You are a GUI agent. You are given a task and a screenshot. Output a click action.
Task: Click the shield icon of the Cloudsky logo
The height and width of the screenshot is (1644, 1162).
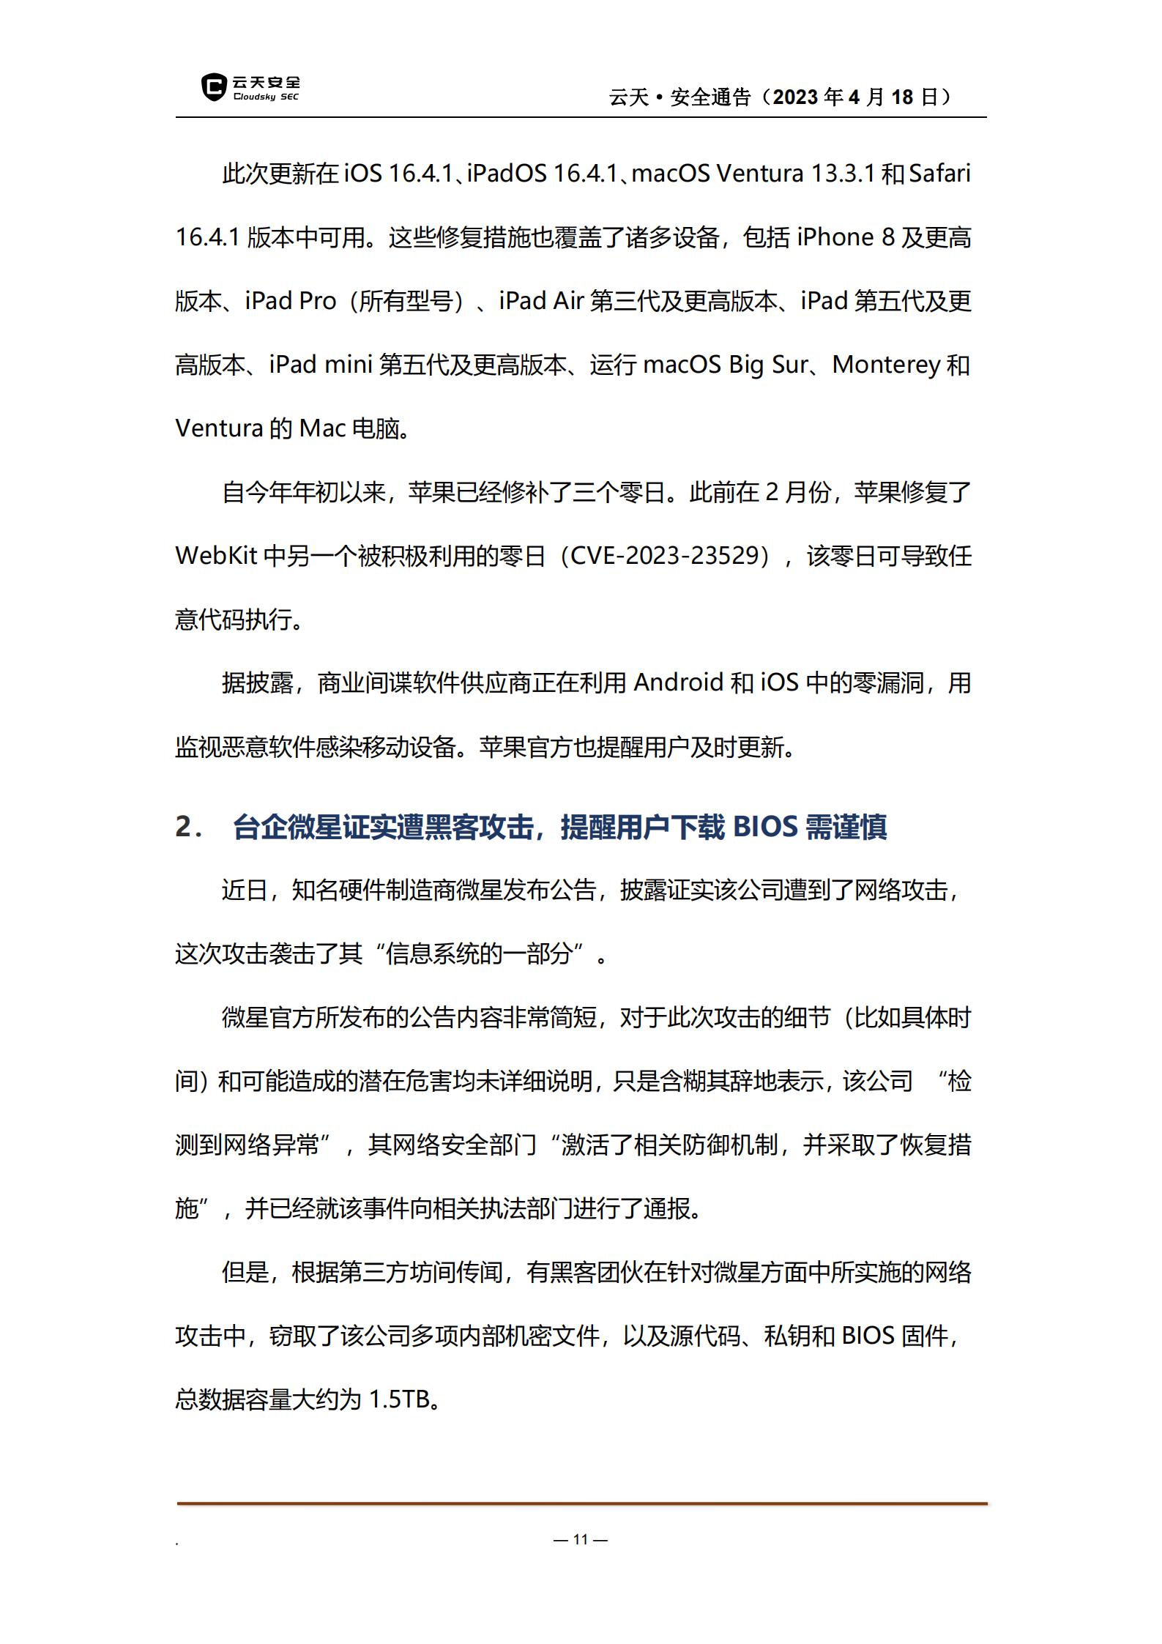(x=213, y=87)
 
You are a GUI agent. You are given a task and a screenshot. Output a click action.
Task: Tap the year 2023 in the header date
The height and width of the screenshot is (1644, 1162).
(x=795, y=97)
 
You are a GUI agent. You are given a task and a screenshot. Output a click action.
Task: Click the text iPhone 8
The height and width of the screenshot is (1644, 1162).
(x=846, y=237)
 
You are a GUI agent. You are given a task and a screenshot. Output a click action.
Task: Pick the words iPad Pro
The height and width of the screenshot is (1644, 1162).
(x=290, y=301)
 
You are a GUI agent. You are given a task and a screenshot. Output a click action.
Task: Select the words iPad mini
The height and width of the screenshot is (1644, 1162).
(x=321, y=365)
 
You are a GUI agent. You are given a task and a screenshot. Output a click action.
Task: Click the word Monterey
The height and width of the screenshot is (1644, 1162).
(x=886, y=365)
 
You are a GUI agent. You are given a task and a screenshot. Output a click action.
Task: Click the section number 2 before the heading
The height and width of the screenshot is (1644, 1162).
(x=184, y=827)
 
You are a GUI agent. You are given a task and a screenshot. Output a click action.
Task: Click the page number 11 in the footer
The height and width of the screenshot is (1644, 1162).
(x=581, y=1539)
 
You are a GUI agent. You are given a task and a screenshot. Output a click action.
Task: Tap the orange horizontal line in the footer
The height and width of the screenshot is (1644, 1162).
(x=581, y=1503)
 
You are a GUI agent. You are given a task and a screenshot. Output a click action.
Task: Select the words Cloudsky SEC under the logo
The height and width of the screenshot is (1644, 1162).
(x=266, y=97)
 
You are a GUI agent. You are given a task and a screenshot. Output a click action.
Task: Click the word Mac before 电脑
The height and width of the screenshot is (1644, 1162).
(x=322, y=428)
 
